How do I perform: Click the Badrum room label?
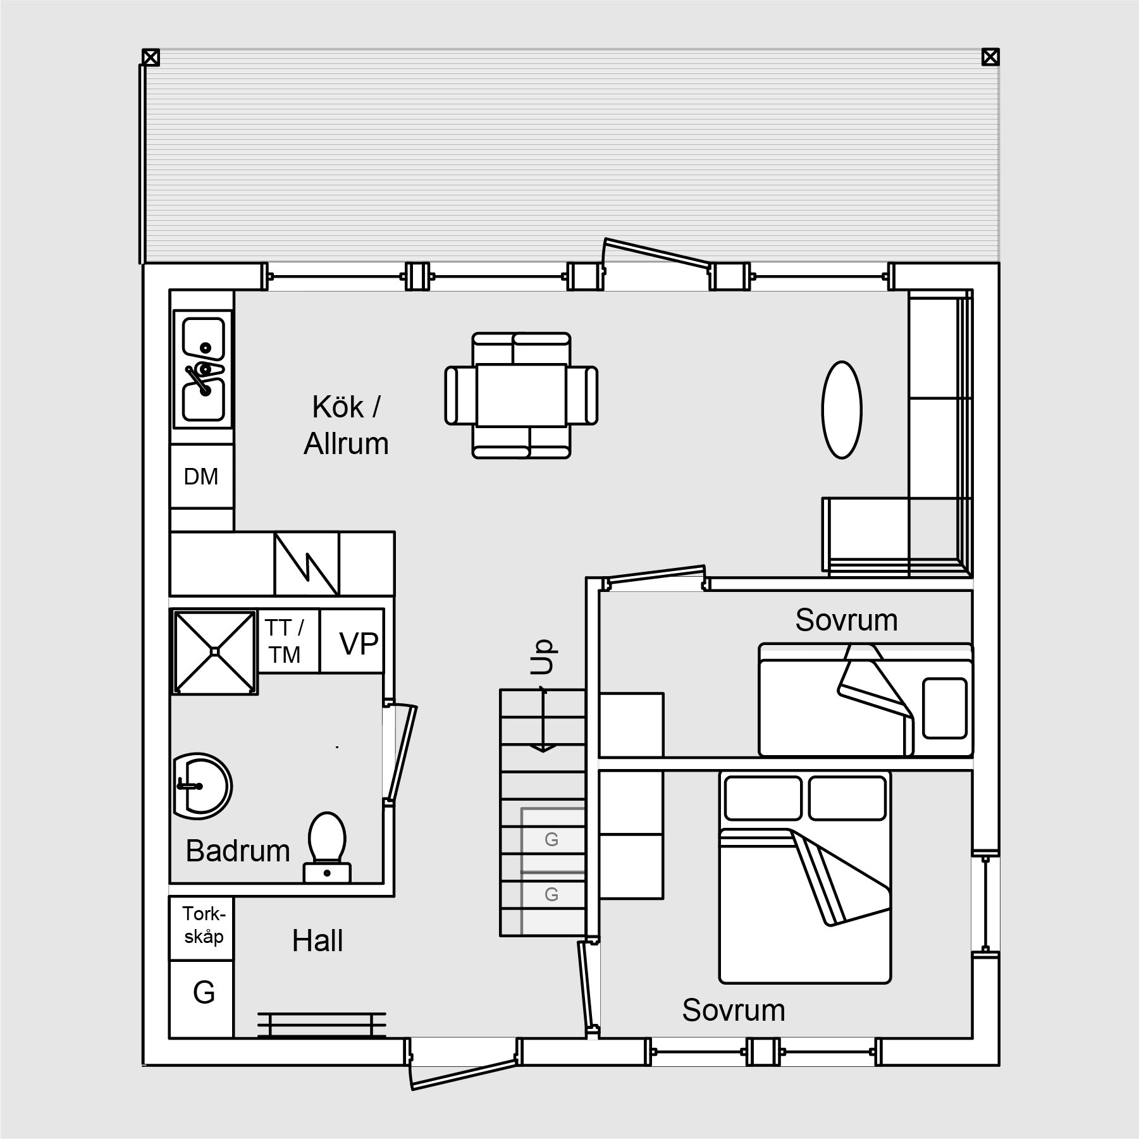[x=238, y=851]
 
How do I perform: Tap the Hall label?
[x=317, y=941]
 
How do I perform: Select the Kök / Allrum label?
[x=346, y=425]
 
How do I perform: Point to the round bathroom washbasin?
[x=202, y=786]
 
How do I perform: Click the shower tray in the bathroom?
[x=215, y=651]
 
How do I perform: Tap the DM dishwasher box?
[x=202, y=476]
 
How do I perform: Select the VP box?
[x=352, y=641]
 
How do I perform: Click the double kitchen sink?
[x=203, y=369]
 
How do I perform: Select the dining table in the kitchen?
[x=521, y=395]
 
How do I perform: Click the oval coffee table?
[x=842, y=409]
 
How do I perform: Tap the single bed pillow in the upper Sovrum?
[x=945, y=708]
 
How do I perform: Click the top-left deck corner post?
[x=151, y=58]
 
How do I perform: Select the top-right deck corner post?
[x=990, y=58]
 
